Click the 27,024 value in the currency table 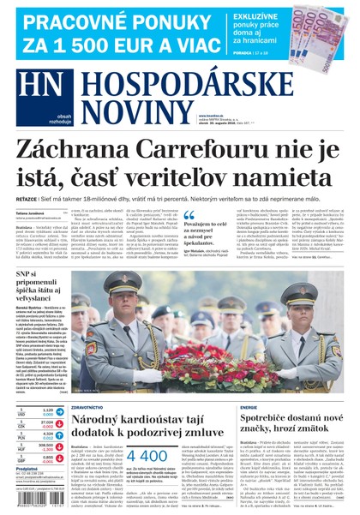(47, 422)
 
